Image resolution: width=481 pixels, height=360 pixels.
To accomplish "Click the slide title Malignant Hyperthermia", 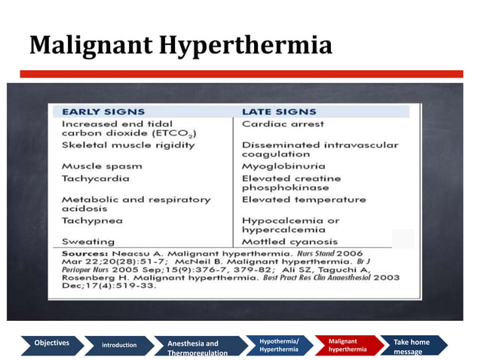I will point(180,45).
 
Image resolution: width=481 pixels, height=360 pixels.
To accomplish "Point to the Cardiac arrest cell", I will point(283,124).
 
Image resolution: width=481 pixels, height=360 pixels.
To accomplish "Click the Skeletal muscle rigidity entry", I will point(127,145).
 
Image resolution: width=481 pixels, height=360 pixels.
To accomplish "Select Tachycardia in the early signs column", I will point(95,178).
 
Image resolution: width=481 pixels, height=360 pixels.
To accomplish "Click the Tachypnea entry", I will point(92,221).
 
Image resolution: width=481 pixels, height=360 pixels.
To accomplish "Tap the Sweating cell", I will point(88,242).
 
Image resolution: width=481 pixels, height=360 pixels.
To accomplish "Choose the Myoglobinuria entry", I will point(283,166).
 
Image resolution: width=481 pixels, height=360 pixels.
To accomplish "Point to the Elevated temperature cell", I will point(304,200).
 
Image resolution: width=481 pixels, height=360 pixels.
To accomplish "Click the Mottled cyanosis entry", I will point(288,242).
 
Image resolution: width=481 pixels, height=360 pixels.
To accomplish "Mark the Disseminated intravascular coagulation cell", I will point(320,150).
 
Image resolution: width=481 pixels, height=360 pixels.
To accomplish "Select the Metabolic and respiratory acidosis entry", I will point(136,204).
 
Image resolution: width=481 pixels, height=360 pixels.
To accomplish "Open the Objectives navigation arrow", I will point(51,343).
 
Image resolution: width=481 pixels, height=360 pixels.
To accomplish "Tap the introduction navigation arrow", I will point(119,345).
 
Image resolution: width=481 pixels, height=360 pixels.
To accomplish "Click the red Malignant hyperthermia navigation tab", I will point(348,346).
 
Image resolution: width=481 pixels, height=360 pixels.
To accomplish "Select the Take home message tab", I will point(413,346).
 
